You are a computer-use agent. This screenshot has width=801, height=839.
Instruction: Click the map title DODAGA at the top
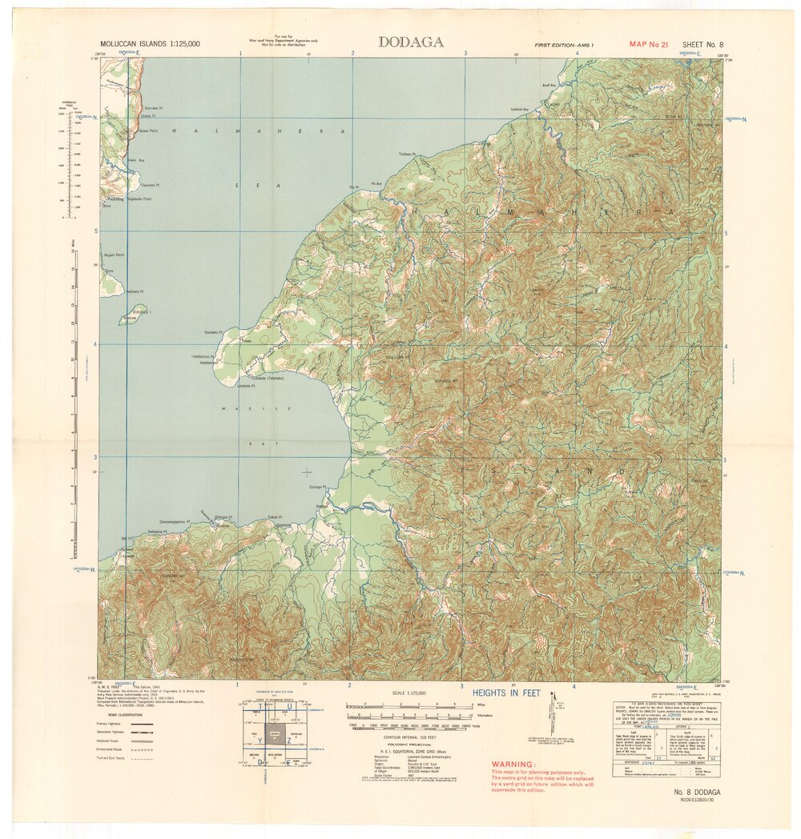click(410, 42)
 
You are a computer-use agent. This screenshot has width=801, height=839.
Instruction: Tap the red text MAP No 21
click(648, 45)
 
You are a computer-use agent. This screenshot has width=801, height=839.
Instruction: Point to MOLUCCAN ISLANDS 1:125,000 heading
click(149, 43)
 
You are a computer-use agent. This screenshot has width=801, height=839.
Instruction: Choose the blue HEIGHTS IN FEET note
click(506, 692)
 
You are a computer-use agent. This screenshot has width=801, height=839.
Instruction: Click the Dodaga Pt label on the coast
click(318, 487)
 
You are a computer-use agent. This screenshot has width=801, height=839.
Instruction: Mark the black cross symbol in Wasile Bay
click(307, 472)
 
